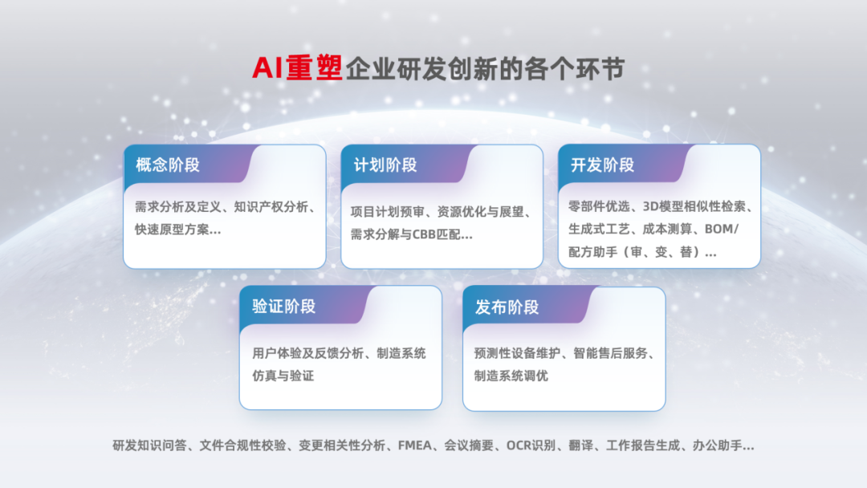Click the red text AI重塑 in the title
pyautogui.click(x=297, y=68)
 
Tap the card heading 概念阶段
pyautogui.click(x=168, y=165)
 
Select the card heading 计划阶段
pyautogui.click(x=385, y=165)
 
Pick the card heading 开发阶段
pyautogui.click(x=602, y=165)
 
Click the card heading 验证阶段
pyautogui.click(x=283, y=307)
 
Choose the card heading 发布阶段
pyautogui.click(x=507, y=307)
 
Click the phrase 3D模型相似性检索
pyautogui.click(x=691, y=207)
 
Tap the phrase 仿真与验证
pyautogui.click(x=283, y=376)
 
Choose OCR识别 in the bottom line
pyautogui.click(x=530, y=445)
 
